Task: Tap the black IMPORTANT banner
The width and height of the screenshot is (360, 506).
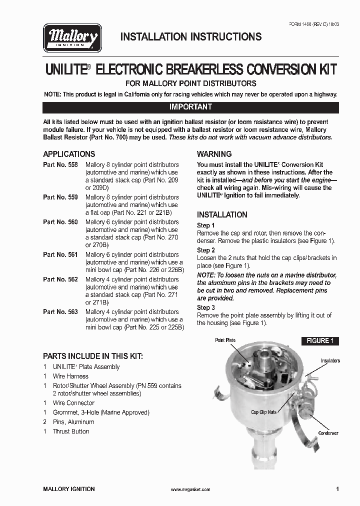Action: tap(190, 107)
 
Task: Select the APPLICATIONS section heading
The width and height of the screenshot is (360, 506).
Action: tap(69, 154)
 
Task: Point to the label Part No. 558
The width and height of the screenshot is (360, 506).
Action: tap(60, 164)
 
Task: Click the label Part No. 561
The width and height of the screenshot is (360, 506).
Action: tap(60, 254)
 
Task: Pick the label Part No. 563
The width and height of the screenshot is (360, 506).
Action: tap(60, 311)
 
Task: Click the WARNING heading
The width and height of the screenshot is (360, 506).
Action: tap(214, 154)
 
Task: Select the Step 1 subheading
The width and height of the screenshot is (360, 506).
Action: tap(206, 225)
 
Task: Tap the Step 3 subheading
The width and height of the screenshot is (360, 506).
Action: tap(206, 307)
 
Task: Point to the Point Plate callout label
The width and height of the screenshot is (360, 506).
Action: tap(225, 340)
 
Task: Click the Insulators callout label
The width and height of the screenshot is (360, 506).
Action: tap(330, 360)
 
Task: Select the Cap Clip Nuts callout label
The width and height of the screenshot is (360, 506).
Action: tap(264, 412)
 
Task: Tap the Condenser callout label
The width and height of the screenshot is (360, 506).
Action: tap(328, 433)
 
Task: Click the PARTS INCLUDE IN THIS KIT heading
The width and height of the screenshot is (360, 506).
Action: tap(92, 356)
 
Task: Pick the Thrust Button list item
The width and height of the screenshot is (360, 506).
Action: tap(71, 431)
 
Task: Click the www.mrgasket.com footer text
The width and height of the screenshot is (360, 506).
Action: tap(190, 489)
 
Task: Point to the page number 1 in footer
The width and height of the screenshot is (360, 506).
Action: tap(337, 489)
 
